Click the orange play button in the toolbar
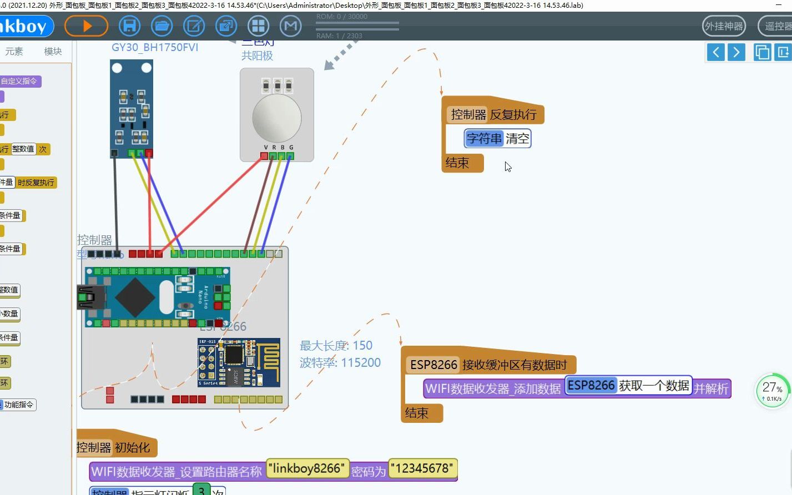point(86,26)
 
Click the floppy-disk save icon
point(129,26)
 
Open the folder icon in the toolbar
point(162,26)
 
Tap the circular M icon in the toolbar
point(290,26)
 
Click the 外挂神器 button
point(724,26)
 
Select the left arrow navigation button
point(716,52)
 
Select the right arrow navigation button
point(736,52)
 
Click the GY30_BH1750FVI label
point(155,48)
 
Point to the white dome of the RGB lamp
point(276,118)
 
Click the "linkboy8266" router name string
point(307,469)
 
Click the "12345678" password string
point(423,469)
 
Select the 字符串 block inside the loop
point(484,139)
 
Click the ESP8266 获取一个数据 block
point(628,386)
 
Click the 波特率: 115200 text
point(340,363)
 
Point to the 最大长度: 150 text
point(336,346)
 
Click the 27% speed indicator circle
point(772,390)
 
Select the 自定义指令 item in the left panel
point(19,81)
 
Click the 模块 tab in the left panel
point(53,52)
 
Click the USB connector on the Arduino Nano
point(90,297)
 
